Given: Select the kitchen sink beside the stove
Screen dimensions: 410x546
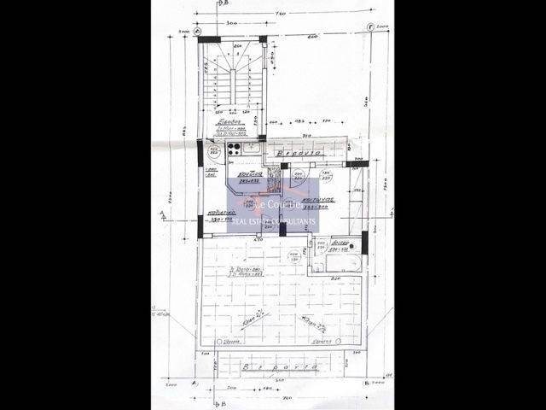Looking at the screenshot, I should (251, 148).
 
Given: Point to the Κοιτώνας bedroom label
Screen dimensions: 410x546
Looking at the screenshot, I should (317, 202).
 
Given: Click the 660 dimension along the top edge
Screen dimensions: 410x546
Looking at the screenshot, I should (313, 37).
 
